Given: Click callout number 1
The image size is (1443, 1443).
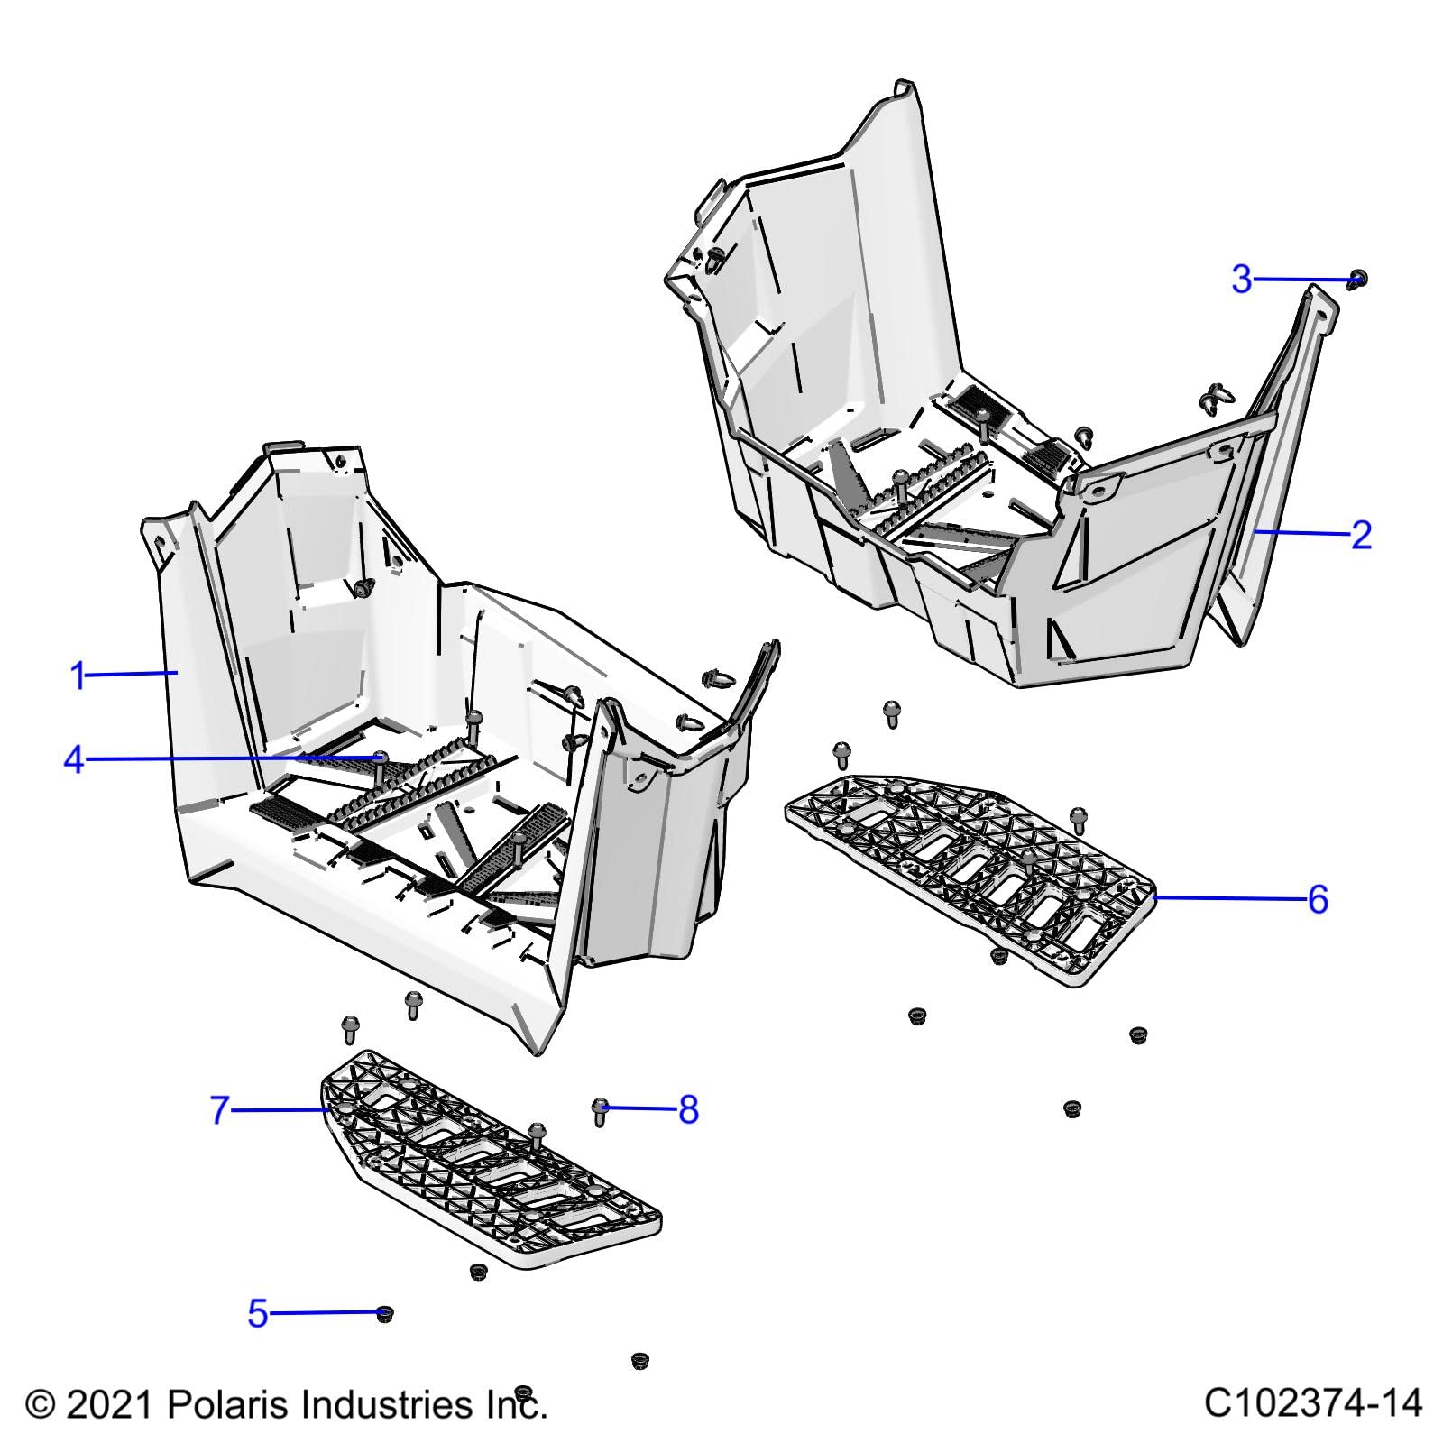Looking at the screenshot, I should (78, 676).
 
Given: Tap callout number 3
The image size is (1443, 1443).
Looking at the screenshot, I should (1242, 280).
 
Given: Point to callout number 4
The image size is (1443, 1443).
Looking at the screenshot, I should (74, 760).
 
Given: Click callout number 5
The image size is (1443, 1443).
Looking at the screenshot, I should (258, 1314).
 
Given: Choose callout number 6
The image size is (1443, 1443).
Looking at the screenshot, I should (1318, 899).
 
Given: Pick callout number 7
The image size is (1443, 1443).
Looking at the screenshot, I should (220, 1110).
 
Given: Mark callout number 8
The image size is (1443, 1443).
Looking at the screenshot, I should (688, 1109).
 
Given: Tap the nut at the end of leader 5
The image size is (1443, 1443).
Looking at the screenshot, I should (384, 1313).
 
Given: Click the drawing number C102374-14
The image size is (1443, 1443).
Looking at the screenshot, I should (1312, 1403).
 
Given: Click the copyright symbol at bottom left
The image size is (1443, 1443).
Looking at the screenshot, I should (41, 1405).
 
